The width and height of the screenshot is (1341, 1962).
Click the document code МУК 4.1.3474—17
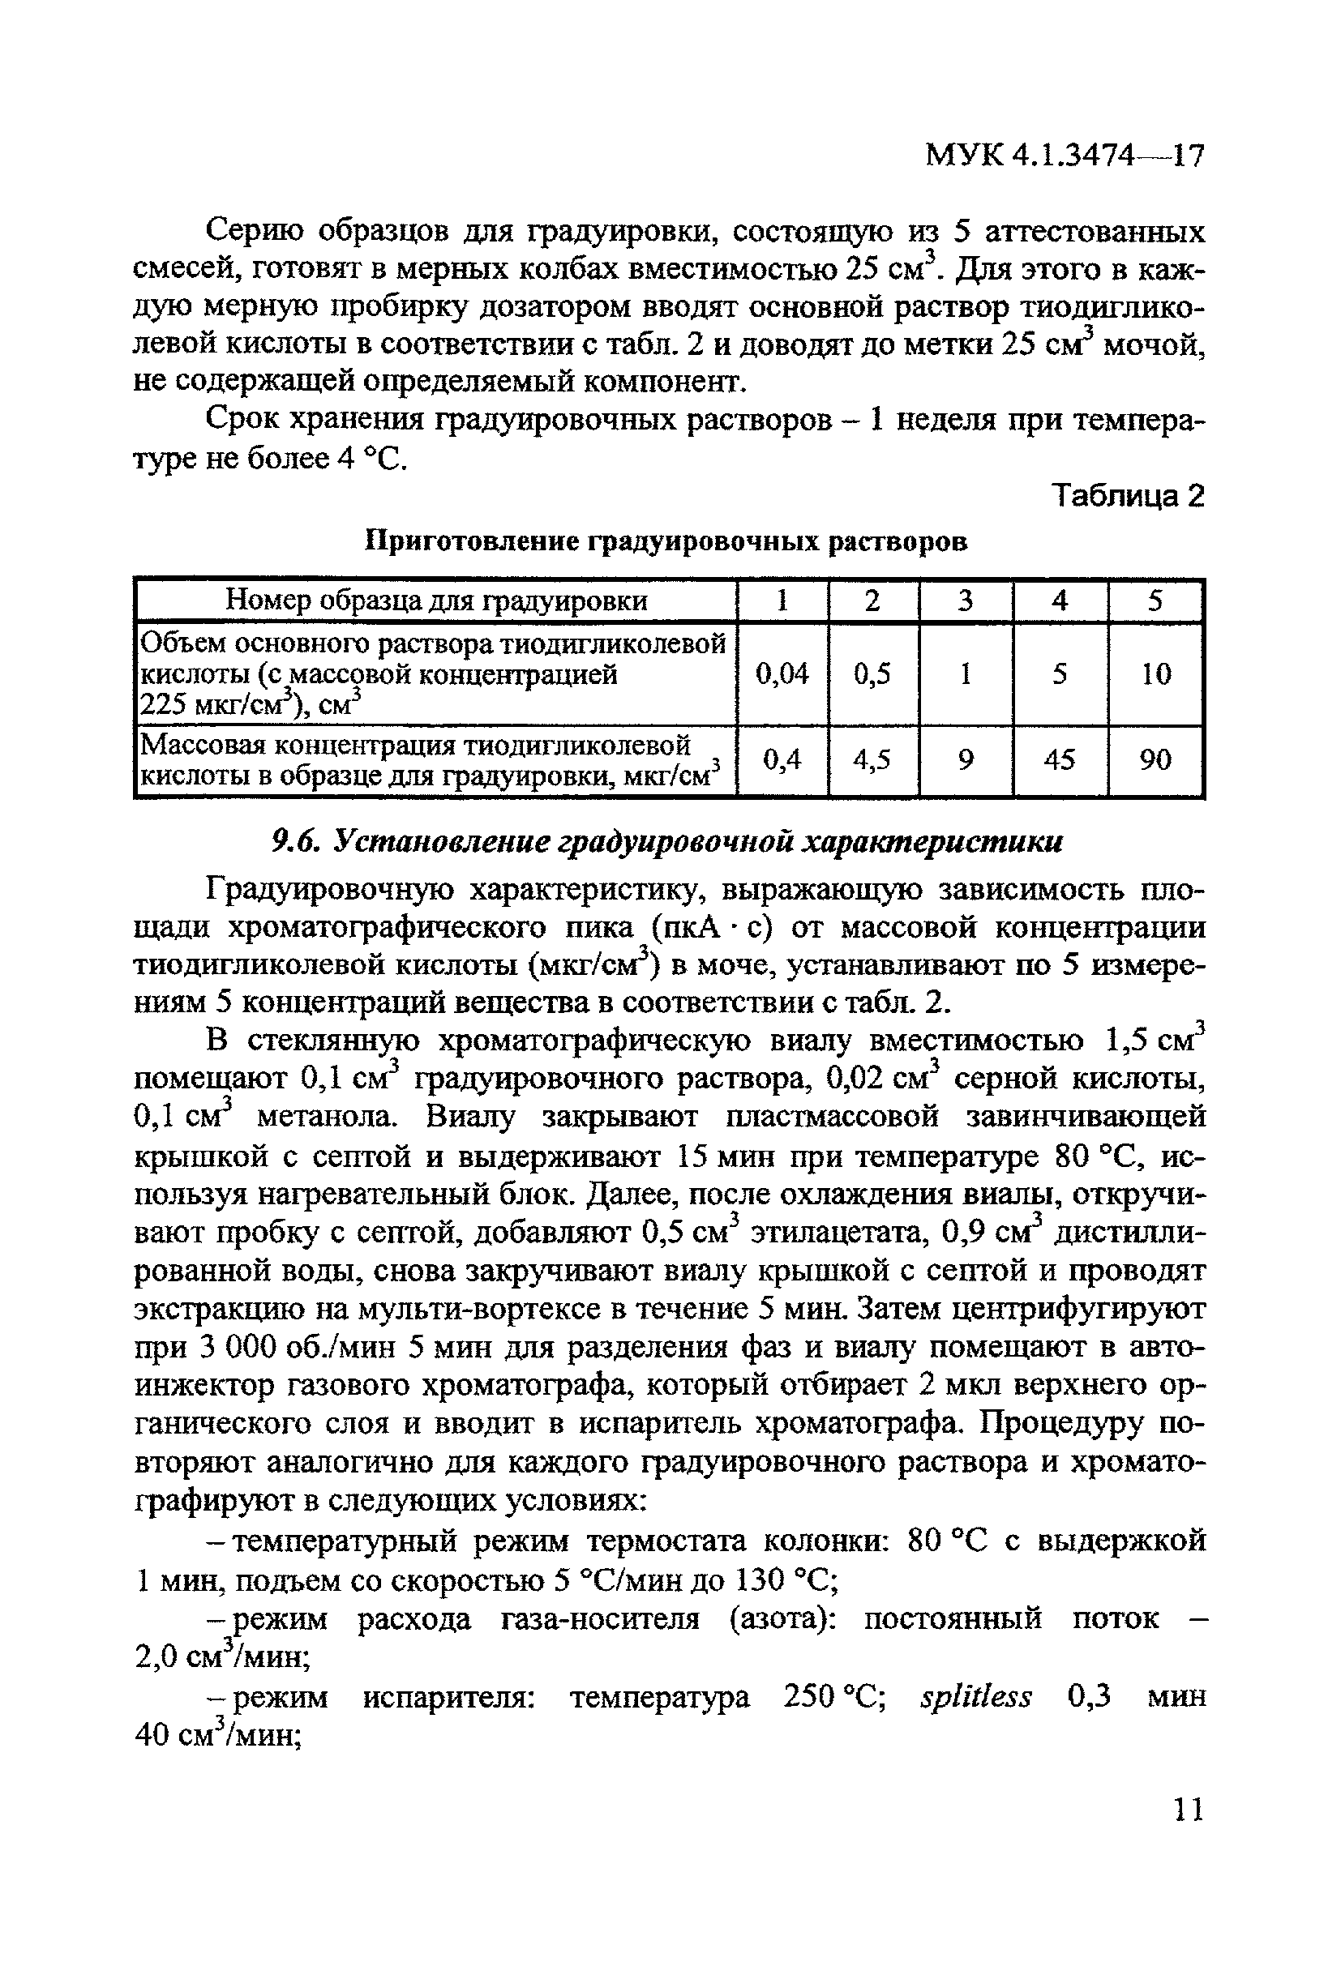1064,156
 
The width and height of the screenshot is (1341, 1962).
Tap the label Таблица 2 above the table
1127,497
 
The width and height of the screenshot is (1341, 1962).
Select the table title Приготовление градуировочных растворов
666,541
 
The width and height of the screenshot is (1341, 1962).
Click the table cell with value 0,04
782,673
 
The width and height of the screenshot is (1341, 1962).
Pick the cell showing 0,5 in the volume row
872,673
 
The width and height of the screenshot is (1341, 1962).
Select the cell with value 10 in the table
1155,673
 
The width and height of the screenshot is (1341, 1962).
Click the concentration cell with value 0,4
782,761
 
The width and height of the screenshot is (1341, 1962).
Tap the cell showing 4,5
872,761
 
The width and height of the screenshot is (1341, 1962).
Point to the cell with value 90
1155,761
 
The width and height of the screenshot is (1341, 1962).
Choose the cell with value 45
1059,761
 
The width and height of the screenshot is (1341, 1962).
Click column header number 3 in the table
966,601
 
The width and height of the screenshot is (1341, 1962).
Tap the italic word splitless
975,1697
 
